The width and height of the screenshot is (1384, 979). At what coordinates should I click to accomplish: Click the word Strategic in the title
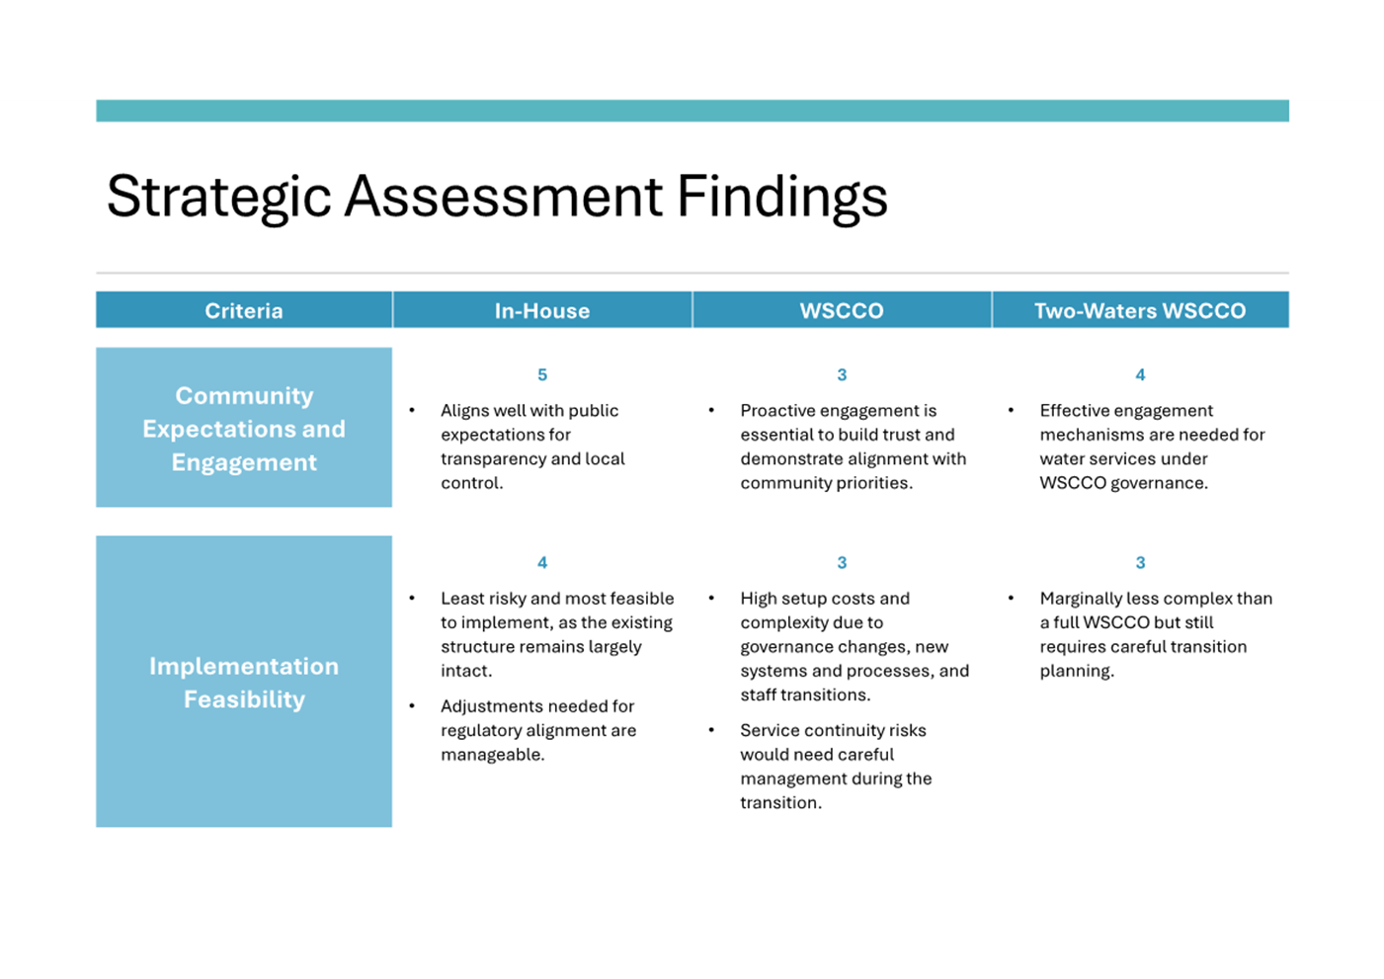point(219,198)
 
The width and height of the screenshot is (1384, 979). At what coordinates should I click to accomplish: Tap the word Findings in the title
point(782,198)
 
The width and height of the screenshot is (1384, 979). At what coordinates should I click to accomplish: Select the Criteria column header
point(244,310)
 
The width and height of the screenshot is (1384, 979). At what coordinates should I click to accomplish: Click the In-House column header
point(542,310)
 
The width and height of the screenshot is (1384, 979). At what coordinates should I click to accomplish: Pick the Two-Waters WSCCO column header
point(1140,310)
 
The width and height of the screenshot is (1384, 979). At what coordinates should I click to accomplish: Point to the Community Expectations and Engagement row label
point(244,429)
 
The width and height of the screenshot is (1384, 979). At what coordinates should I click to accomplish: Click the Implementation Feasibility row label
point(244,683)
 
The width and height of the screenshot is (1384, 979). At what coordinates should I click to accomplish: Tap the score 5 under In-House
point(542,374)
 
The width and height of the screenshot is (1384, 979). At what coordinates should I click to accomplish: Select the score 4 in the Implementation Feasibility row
point(542,562)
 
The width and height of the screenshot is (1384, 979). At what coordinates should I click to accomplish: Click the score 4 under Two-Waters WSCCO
point(1140,374)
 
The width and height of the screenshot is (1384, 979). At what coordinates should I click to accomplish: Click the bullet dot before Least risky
point(412,599)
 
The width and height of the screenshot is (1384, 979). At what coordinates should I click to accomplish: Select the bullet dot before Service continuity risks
point(712,730)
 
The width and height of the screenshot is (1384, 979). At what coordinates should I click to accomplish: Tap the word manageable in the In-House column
point(492,755)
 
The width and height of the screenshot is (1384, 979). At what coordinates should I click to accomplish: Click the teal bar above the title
point(692,111)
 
